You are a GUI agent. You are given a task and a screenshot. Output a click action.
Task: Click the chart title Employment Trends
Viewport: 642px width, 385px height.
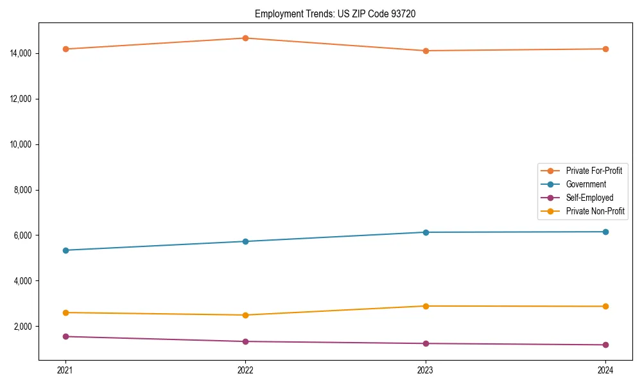[x=335, y=13]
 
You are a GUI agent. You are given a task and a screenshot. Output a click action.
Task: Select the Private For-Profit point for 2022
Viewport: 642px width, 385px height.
[x=245, y=38]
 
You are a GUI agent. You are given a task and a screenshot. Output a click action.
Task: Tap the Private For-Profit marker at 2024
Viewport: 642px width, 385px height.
[x=605, y=49]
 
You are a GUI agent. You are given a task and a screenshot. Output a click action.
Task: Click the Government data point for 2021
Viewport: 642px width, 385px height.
[x=65, y=250]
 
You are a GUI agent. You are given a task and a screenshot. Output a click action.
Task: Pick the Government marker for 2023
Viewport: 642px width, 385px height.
[x=426, y=232]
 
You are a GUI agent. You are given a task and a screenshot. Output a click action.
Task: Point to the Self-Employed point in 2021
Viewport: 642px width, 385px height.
[x=65, y=336]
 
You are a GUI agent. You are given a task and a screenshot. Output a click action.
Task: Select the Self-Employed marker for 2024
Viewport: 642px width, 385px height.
[x=605, y=345]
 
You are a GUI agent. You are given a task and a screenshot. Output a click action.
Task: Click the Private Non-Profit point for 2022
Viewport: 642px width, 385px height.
[x=245, y=315]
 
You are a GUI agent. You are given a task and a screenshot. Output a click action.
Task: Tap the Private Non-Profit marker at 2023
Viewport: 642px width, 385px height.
[x=426, y=306]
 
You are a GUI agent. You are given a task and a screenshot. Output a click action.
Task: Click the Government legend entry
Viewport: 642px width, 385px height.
[x=586, y=184]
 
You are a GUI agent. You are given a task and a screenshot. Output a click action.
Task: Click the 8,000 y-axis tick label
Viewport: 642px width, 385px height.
[x=24, y=190]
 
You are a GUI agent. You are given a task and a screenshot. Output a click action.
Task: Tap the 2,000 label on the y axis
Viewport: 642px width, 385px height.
[x=24, y=327]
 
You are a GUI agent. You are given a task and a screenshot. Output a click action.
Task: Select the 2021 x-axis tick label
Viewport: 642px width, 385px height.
[x=65, y=370]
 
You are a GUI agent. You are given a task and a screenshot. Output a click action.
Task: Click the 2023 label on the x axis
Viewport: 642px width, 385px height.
[x=426, y=370]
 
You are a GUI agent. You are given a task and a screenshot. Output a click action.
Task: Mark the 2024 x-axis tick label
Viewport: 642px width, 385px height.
[x=605, y=370]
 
